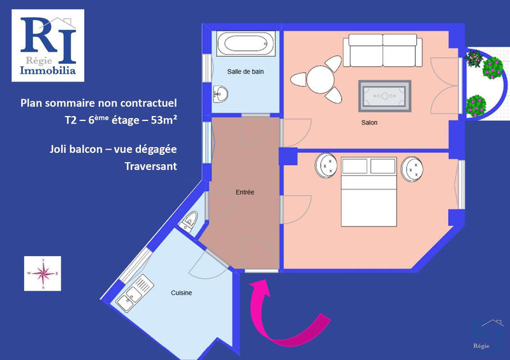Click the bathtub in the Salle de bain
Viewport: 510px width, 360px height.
[x=244, y=45]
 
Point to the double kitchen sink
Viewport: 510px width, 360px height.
[x=135, y=292]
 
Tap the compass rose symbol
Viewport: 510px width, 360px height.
[x=43, y=273]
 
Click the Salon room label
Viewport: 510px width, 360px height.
[x=369, y=123]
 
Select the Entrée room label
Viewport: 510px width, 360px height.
[x=245, y=192]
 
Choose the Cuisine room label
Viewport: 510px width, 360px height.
[x=181, y=293]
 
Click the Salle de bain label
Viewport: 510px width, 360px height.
[x=245, y=72]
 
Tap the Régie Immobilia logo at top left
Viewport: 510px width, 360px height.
[x=48, y=45]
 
